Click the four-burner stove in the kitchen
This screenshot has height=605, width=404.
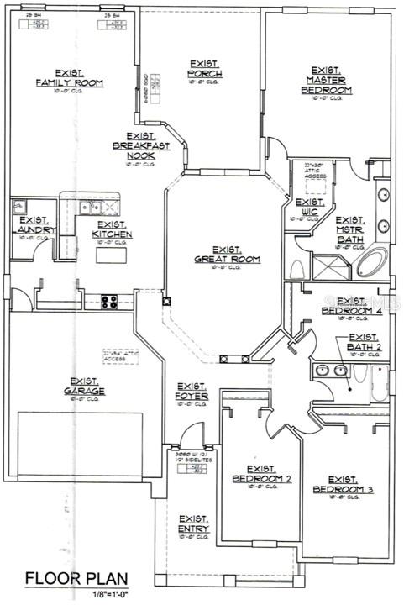(x=112, y=299)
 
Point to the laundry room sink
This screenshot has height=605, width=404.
(x=19, y=204)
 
